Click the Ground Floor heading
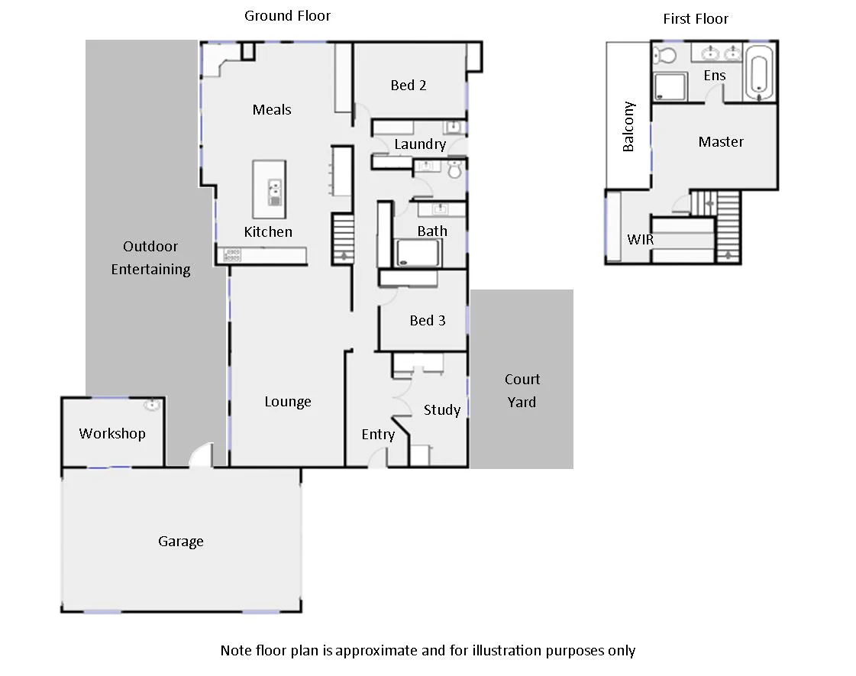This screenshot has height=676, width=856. coord(287,15)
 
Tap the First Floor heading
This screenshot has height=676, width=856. coord(695,18)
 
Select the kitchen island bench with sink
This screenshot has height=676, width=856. coord(270,189)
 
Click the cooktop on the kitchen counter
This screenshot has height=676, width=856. coord(231,255)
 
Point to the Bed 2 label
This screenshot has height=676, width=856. coord(408,85)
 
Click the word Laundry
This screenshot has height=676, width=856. coord(420,144)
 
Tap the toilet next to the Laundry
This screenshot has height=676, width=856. coord(456,170)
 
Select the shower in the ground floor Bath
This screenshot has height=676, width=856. coord(418,253)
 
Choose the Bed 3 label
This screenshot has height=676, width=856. coord(427,320)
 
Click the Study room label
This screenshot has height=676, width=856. coord(441,410)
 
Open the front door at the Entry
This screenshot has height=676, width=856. coord(376,458)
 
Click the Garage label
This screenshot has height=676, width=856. coord(180,541)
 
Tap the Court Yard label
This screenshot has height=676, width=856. coord(522,390)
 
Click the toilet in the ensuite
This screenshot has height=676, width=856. coord(666,56)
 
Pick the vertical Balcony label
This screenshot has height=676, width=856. coord(628,127)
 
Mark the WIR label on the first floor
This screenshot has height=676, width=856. coord(640,239)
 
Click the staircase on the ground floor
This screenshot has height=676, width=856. coord(343,238)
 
